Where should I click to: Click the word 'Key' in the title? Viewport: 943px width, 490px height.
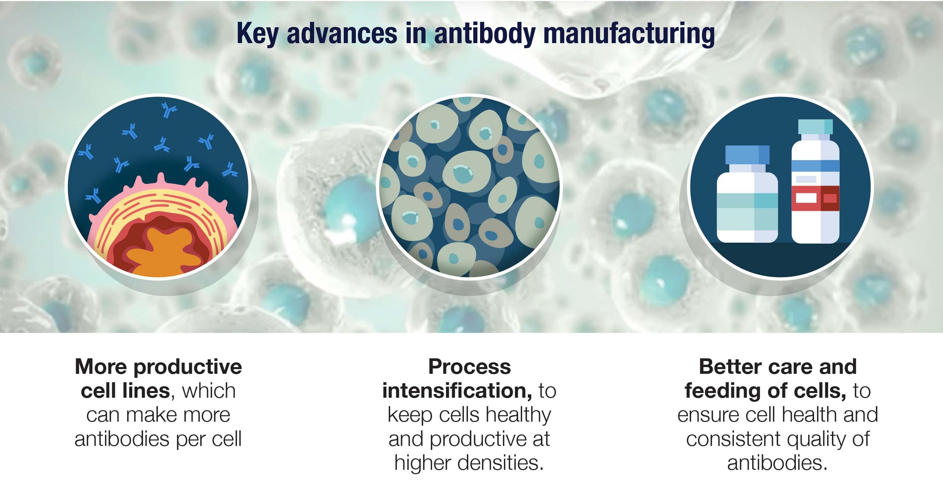coord(257,34)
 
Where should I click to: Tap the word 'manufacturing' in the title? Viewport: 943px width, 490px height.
coord(629,34)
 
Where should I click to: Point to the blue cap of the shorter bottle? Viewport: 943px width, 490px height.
coord(747,155)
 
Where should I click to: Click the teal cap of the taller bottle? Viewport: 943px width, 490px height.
coord(815,127)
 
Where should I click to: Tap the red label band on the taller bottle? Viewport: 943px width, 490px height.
coord(815,198)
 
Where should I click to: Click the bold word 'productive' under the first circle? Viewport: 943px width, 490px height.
coord(188,367)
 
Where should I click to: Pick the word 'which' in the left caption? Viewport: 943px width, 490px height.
coord(209,391)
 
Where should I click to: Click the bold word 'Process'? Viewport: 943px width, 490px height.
coord(470,367)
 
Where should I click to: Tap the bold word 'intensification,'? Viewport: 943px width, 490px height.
coord(457,391)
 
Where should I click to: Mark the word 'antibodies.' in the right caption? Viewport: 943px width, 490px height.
coord(777,463)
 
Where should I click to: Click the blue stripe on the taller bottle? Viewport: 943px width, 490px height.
coord(815,166)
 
